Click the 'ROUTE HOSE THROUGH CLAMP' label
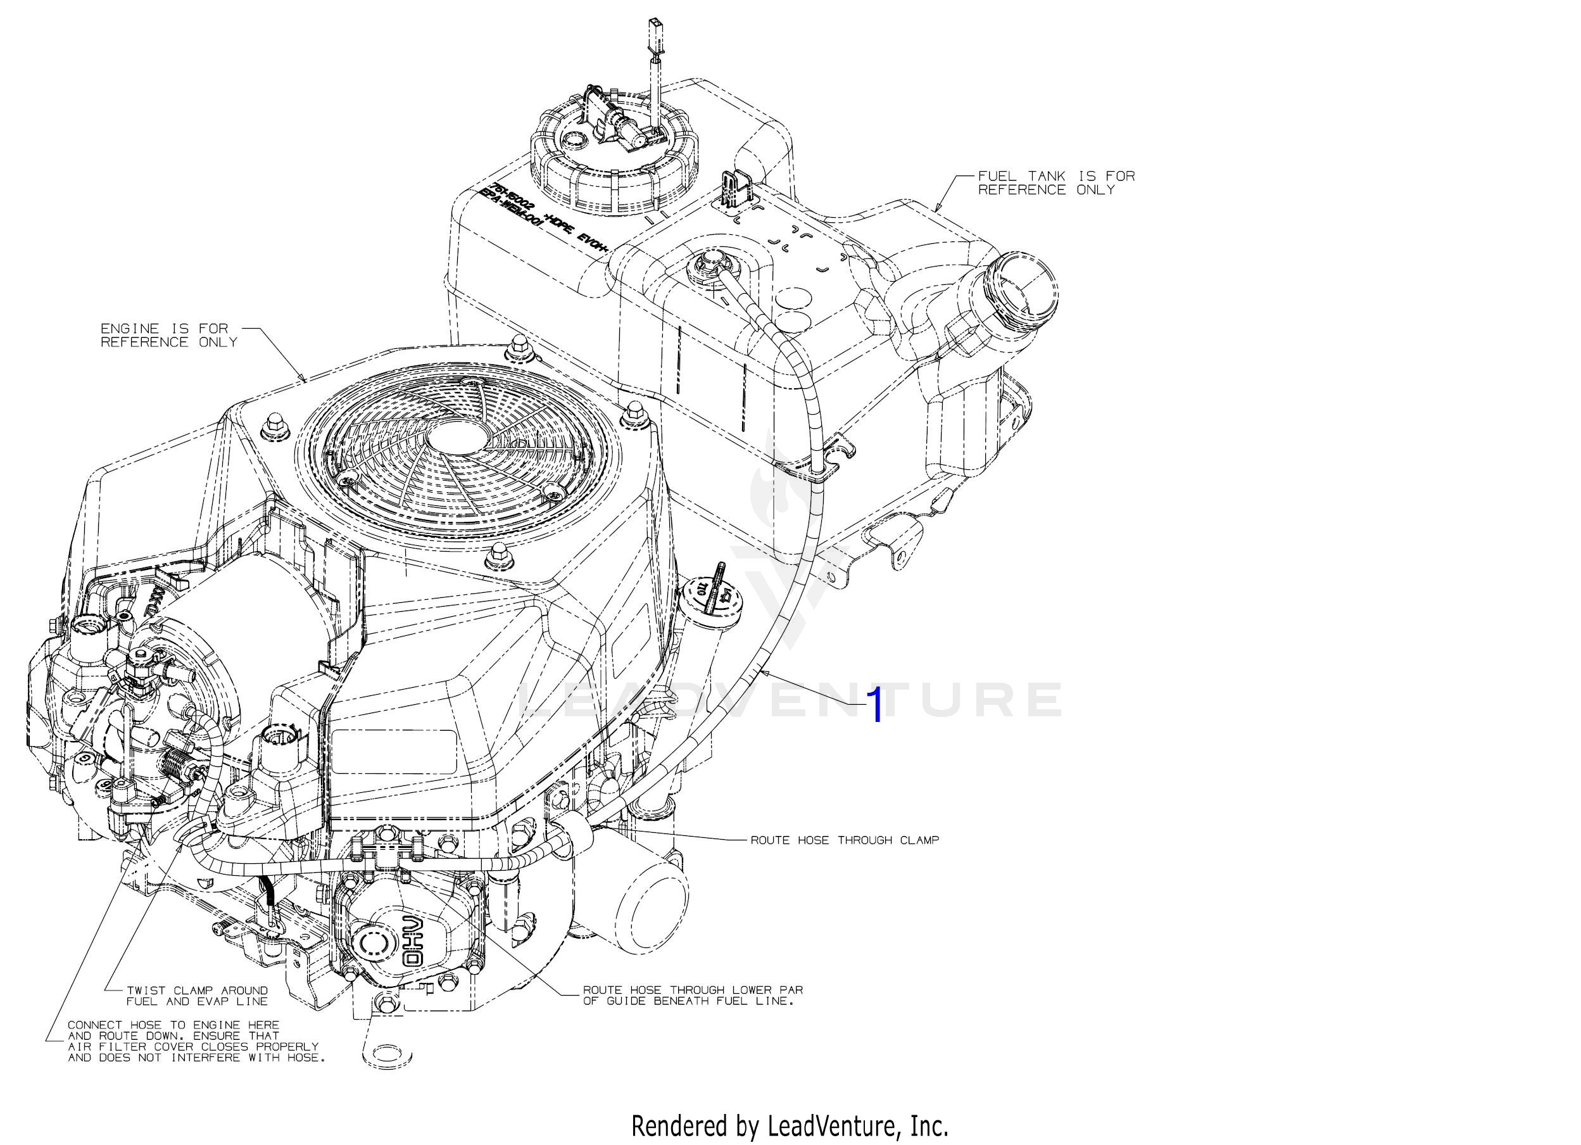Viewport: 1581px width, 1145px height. tap(844, 840)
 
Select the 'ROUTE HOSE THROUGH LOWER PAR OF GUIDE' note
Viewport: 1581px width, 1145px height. tap(692, 995)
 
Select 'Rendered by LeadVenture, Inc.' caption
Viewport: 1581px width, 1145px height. tap(789, 1125)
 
